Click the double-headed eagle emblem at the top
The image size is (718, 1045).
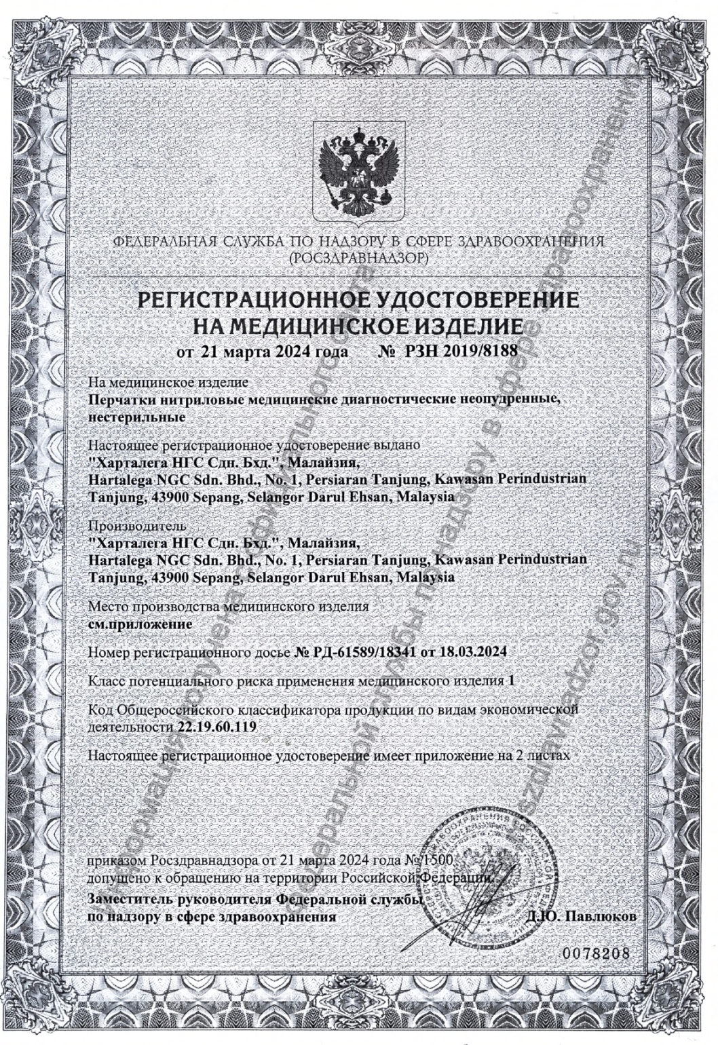[358, 170]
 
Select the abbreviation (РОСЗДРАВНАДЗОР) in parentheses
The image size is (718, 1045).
[358, 258]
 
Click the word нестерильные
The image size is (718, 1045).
[137, 417]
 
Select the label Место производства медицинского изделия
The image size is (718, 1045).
[229, 606]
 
